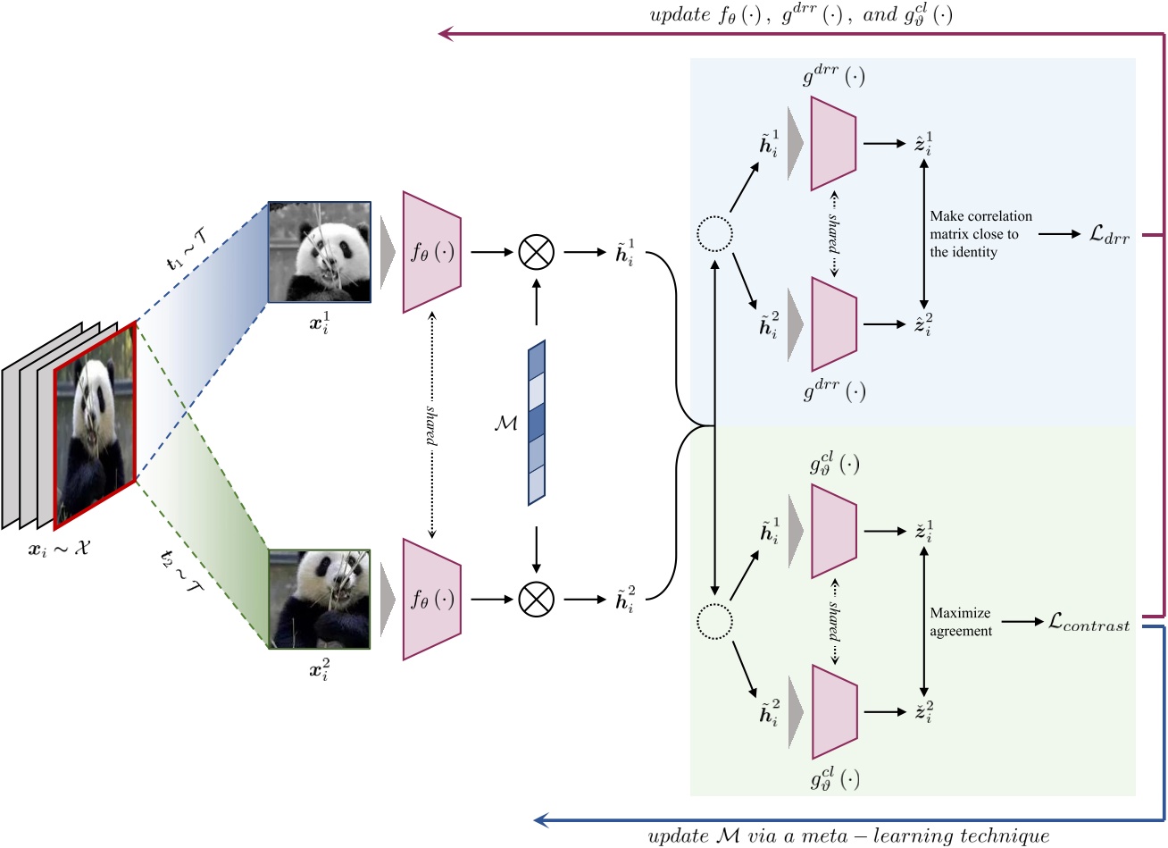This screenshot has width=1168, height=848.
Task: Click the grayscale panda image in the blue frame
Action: pos(320,252)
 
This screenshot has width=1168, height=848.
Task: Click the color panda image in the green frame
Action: pos(320,598)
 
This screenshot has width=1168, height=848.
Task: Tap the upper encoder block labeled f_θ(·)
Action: pos(432,252)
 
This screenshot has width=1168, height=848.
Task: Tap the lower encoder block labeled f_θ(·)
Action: pos(432,599)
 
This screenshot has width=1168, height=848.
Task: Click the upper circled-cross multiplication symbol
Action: pos(537,252)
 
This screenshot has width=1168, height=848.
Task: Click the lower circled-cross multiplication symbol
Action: pos(537,599)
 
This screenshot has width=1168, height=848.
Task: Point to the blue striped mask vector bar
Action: pos(536,423)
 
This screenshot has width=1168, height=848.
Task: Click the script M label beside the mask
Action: pos(505,423)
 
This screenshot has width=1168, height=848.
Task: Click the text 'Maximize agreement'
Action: pos(960,622)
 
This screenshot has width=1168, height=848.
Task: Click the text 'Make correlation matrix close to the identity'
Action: pos(980,234)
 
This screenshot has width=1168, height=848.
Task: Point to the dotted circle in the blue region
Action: pos(714,234)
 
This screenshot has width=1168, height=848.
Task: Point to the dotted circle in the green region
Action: pos(714,618)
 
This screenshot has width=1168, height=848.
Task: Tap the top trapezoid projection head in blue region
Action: pos(834,143)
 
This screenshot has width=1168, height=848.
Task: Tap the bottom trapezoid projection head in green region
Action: pos(834,712)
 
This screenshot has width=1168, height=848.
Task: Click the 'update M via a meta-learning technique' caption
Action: pos(847,836)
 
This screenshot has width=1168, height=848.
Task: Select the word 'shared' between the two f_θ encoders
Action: pos(432,424)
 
